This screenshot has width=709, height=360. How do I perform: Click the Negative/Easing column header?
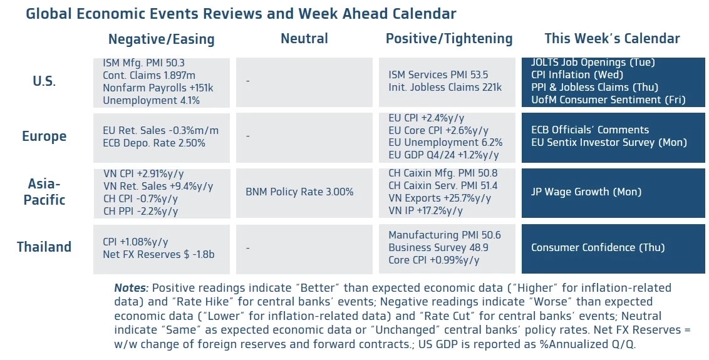pyautogui.click(x=161, y=39)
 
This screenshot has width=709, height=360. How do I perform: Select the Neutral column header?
pyautogui.click(x=304, y=39)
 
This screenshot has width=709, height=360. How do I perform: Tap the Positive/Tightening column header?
pyautogui.click(x=448, y=39)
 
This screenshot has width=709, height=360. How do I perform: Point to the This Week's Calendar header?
pyautogui.click(x=612, y=39)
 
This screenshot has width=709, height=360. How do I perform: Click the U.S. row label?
pyautogui.click(x=44, y=81)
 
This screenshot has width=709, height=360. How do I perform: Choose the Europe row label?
pyautogui.click(x=44, y=136)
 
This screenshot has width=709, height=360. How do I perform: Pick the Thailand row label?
pyautogui.click(x=44, y=247)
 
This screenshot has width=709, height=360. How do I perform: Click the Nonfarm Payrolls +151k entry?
pyautogui.click(x=158, y=88)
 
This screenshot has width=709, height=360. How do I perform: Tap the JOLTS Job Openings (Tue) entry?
pyautogui.click(x=593, y=62)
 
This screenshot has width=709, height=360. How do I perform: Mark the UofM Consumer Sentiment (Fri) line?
pyautogui.click(x=608, y=100)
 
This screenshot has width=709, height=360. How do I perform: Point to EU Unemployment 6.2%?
pyautogui.click(x=445, y=142)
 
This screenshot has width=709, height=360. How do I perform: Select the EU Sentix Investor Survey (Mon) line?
pyautogui.click(x=609, y=142)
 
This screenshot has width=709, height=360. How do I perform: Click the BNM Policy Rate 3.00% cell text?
pyautogui.click(x=299, y=192)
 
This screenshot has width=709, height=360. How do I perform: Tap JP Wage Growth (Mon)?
pyautogui.click(x=586, y=192)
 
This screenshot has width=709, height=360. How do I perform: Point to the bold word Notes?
pyautogui.click(x=132, y=288)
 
